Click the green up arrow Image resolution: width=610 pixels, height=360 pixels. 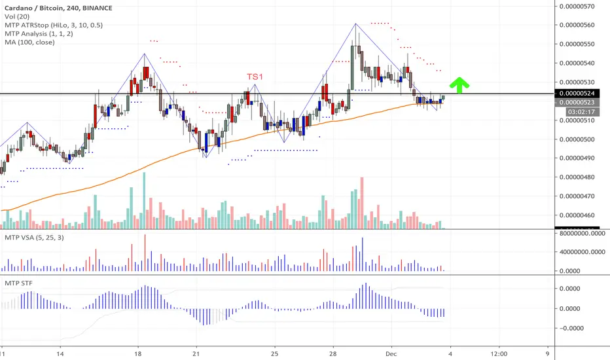[459, 85]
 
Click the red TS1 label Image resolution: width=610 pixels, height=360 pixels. [255, 77]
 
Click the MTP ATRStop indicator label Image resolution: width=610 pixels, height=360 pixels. [54, 25]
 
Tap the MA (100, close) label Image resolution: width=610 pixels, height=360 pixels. [29, 42]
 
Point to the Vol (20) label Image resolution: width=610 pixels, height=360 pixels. [17, 16]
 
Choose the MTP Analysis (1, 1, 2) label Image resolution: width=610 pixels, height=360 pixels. [39, 33]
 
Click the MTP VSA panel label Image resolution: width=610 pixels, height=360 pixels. [34, 238]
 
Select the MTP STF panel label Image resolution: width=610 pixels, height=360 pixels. [19, 283]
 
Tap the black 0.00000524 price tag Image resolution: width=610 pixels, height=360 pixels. [577, 94]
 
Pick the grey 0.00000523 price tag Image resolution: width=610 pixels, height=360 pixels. [577, 102]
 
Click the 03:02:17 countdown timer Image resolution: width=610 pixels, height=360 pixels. [581, 112]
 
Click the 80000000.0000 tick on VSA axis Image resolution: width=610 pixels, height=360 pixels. [583, 234]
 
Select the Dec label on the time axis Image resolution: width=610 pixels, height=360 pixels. [391, 353]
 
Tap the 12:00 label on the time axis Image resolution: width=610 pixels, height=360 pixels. [499, 353]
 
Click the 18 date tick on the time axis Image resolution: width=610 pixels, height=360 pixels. [137, 353]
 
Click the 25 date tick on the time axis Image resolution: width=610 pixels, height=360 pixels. [275, 353]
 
